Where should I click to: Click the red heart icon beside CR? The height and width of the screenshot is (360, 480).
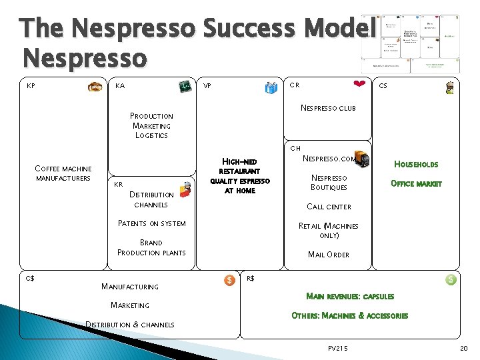pos(359,84)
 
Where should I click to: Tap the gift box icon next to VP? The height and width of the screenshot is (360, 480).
pos(271,87)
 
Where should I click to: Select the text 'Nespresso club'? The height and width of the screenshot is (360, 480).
pos(328,108)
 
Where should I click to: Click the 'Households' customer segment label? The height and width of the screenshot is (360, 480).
pos(416,164)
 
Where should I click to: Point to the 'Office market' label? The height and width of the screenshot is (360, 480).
pos(416,183)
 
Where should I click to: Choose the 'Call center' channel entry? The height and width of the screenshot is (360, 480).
pos(329,207)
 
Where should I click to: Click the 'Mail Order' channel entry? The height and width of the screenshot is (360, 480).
pos(329,255)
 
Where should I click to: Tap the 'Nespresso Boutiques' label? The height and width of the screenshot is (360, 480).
pos(329,183)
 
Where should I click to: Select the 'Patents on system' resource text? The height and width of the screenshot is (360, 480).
pos(151,223)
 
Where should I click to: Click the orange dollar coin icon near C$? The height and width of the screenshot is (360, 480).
pos(229,280)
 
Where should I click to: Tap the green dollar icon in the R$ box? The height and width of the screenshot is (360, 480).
pos(451,280)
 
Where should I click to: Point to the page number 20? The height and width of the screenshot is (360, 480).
pos(464,348)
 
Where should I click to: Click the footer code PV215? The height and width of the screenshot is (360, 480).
pos(338,348)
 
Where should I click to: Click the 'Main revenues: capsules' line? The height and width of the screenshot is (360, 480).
pos(349,296)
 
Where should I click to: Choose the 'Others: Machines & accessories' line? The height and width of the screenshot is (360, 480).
pos(349,316)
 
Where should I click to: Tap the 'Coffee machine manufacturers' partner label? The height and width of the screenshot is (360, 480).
pos(63,173)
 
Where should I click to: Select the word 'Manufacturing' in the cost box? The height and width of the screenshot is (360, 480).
pos(129,287)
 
